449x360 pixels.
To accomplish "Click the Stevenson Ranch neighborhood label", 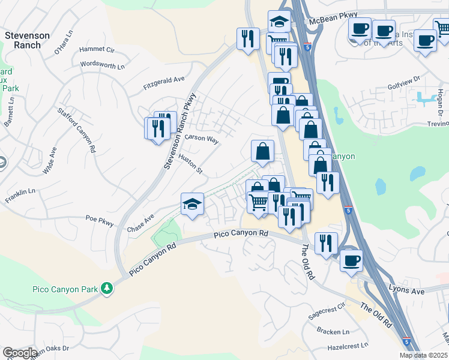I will pyautogui.click(x=27, y=40).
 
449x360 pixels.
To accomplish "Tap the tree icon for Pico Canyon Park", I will pyautogui.click(x=107, y=289).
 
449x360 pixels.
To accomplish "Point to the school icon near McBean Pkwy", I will pyautogui.click(x=279, y=22).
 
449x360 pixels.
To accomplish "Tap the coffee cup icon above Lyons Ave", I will pyautogui.click(x=351, y=260).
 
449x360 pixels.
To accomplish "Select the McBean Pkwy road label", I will pyautogui.click(x=333, y=15).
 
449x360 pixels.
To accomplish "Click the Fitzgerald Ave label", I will pyautogui.click(x=164, y=83).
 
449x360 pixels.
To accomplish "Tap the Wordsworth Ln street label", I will pyautogui.click(x=102, y=66).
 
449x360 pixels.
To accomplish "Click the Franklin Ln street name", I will pyautogui.click(x=20, y=195).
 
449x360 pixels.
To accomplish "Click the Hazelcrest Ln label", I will pyautogui.click(x=348, y=347).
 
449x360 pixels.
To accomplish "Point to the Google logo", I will pyautogui.click(x=19, y=353).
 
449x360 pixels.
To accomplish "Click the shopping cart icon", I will pyautogui.click(x=258, y=202).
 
